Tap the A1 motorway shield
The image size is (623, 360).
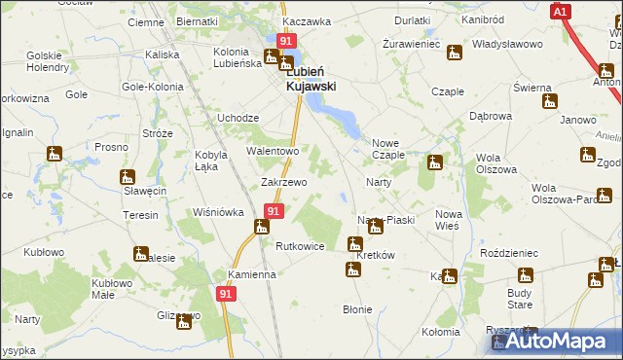point(560,12)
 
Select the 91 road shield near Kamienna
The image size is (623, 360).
point(227,292)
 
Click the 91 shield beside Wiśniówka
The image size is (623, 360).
point(274,211)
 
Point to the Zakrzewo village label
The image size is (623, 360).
point(284,182)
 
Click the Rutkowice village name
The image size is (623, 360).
point(300,246)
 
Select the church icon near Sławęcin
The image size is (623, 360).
point(127,177)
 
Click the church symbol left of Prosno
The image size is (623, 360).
point(54,154)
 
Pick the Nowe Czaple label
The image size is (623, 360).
point(387,148)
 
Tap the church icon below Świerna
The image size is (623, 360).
point(550,101)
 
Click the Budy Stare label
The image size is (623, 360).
point(520,298)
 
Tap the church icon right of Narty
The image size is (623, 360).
point(434,162)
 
